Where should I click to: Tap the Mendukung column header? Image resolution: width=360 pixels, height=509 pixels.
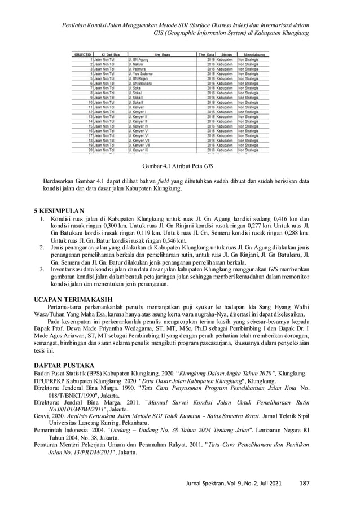[x=253, y=55]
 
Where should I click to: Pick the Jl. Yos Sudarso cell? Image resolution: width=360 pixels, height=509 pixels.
[x=141, y=73]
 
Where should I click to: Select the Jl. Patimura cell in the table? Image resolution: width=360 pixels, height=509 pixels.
[x=138, y=69]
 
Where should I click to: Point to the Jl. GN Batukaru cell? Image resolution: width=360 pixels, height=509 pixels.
[x=142, y=83]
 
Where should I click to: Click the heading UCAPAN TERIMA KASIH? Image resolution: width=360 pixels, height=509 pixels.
[x=71, y=298]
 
